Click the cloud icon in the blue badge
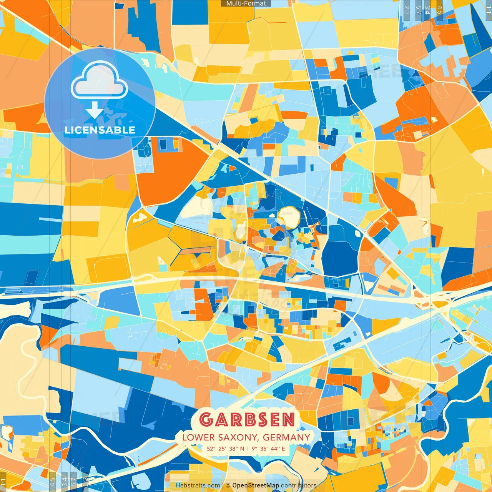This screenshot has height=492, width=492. point(100,81)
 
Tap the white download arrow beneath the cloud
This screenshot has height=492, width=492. point(95,110)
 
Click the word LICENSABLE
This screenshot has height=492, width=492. point(100,130)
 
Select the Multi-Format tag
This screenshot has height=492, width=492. point(246,3)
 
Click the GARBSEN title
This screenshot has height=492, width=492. point(247,420)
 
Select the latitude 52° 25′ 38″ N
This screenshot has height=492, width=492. point(225,449)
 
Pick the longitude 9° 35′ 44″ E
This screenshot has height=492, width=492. point(269,449)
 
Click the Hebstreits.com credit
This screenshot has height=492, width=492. point(198,485)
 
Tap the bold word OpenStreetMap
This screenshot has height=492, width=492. point(256,485)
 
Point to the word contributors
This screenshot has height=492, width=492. point(299,485)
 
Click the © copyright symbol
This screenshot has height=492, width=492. point(228,485)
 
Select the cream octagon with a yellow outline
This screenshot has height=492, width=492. point(288,217)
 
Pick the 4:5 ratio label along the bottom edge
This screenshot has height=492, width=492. point(53,482)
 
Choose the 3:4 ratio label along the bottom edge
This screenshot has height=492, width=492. point(64,482)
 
